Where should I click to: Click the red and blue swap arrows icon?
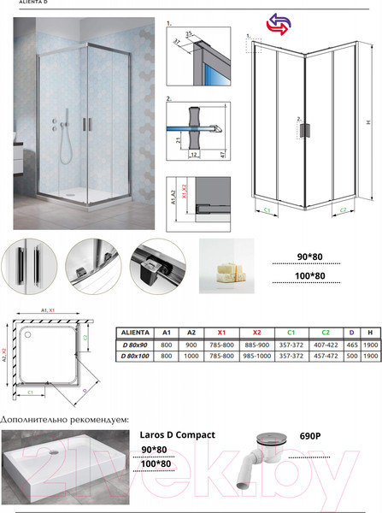point(278,24)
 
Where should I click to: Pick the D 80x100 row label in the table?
point(135,355)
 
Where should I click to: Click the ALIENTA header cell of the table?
point(135,333)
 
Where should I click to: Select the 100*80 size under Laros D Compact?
point(154,463)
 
